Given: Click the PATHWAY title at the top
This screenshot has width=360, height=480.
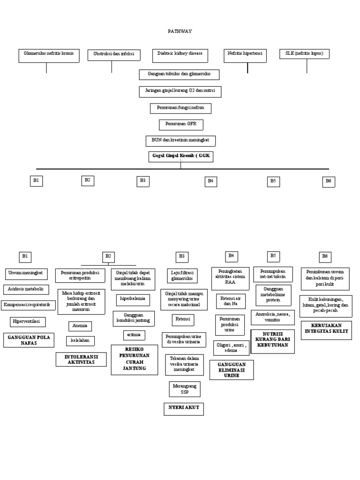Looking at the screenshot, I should [x=180, y=31].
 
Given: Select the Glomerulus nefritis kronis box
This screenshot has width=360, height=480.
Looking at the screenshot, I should [x=49, y=54].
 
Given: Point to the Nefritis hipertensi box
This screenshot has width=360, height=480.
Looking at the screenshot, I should [x=245, y=54].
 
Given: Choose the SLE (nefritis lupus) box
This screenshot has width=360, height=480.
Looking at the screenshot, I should [x=304, y=54].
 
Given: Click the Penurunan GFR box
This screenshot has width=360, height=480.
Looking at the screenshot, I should [x=181, y=125].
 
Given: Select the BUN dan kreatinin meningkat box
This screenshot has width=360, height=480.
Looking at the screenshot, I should [x=180, y=140].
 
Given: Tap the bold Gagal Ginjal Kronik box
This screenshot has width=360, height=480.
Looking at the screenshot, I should [x=180, y=156].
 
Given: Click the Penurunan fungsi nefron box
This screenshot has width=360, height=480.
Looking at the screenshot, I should [x=180, y=108].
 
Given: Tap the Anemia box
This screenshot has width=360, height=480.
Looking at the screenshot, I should [x=80, y=326].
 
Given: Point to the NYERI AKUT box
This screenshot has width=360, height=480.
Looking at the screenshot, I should [x=184, y=409].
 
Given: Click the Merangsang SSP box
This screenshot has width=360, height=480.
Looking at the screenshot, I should [x=184, y=389].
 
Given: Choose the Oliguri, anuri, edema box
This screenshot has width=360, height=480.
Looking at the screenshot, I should [x=231, y=347].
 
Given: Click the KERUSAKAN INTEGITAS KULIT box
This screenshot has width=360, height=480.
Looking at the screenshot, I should [x=327, y=328].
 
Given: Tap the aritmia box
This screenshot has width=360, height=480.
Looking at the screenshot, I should [x=134, y=335].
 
